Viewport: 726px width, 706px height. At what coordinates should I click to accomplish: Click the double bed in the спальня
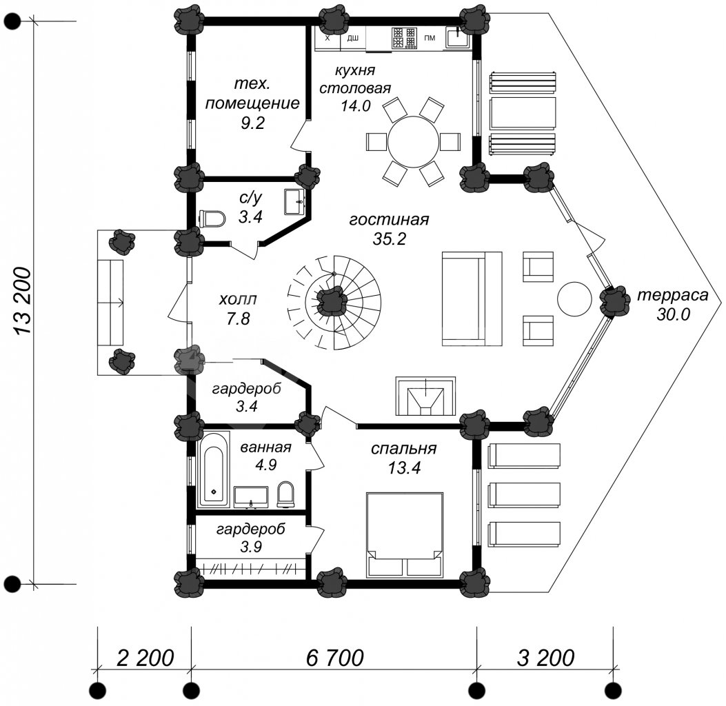pyautogui.click(x=405, y=535)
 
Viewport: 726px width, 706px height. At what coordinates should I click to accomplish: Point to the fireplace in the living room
pyautogui.click(x=425, y=396)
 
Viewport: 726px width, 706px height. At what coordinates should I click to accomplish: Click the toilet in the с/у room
pyautogui.click(x=212, y=219)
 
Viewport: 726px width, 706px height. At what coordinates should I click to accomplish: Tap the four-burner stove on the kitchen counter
pyautogui.click(x=404, y=38)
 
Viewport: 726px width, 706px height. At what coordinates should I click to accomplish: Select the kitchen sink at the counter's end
pyautogui.click(x=458, y=37)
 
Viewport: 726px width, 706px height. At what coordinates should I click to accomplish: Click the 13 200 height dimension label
pyautogui.click(x=22, y=301)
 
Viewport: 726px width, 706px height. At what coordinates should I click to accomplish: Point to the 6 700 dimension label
pyautogui.click(x=335, y=658)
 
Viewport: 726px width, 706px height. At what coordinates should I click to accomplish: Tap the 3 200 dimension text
pyautogui.click(x=545, y=658)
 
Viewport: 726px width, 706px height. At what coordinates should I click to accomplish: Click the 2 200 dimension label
pyautogui.click(x=145, y=658)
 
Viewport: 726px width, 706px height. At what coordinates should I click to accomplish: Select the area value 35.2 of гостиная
pyautogui.click(x=389, y=239)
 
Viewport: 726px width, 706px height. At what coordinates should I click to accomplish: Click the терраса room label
pyautogui.click(x=673, y=295)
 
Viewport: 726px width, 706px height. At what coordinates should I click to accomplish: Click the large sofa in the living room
pyautogui.click(x=472, y=299)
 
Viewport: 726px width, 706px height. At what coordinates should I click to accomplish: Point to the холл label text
pyautogui.click(x=238, y=299)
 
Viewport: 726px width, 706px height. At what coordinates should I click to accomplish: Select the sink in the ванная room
pyautogui.click(x=250, y=497)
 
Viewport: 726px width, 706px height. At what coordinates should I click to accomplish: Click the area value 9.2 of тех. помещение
pyautogui.click(x=252, y=123)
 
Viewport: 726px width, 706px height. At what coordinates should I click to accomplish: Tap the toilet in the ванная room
pyautogui.click(x=285, y=494)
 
